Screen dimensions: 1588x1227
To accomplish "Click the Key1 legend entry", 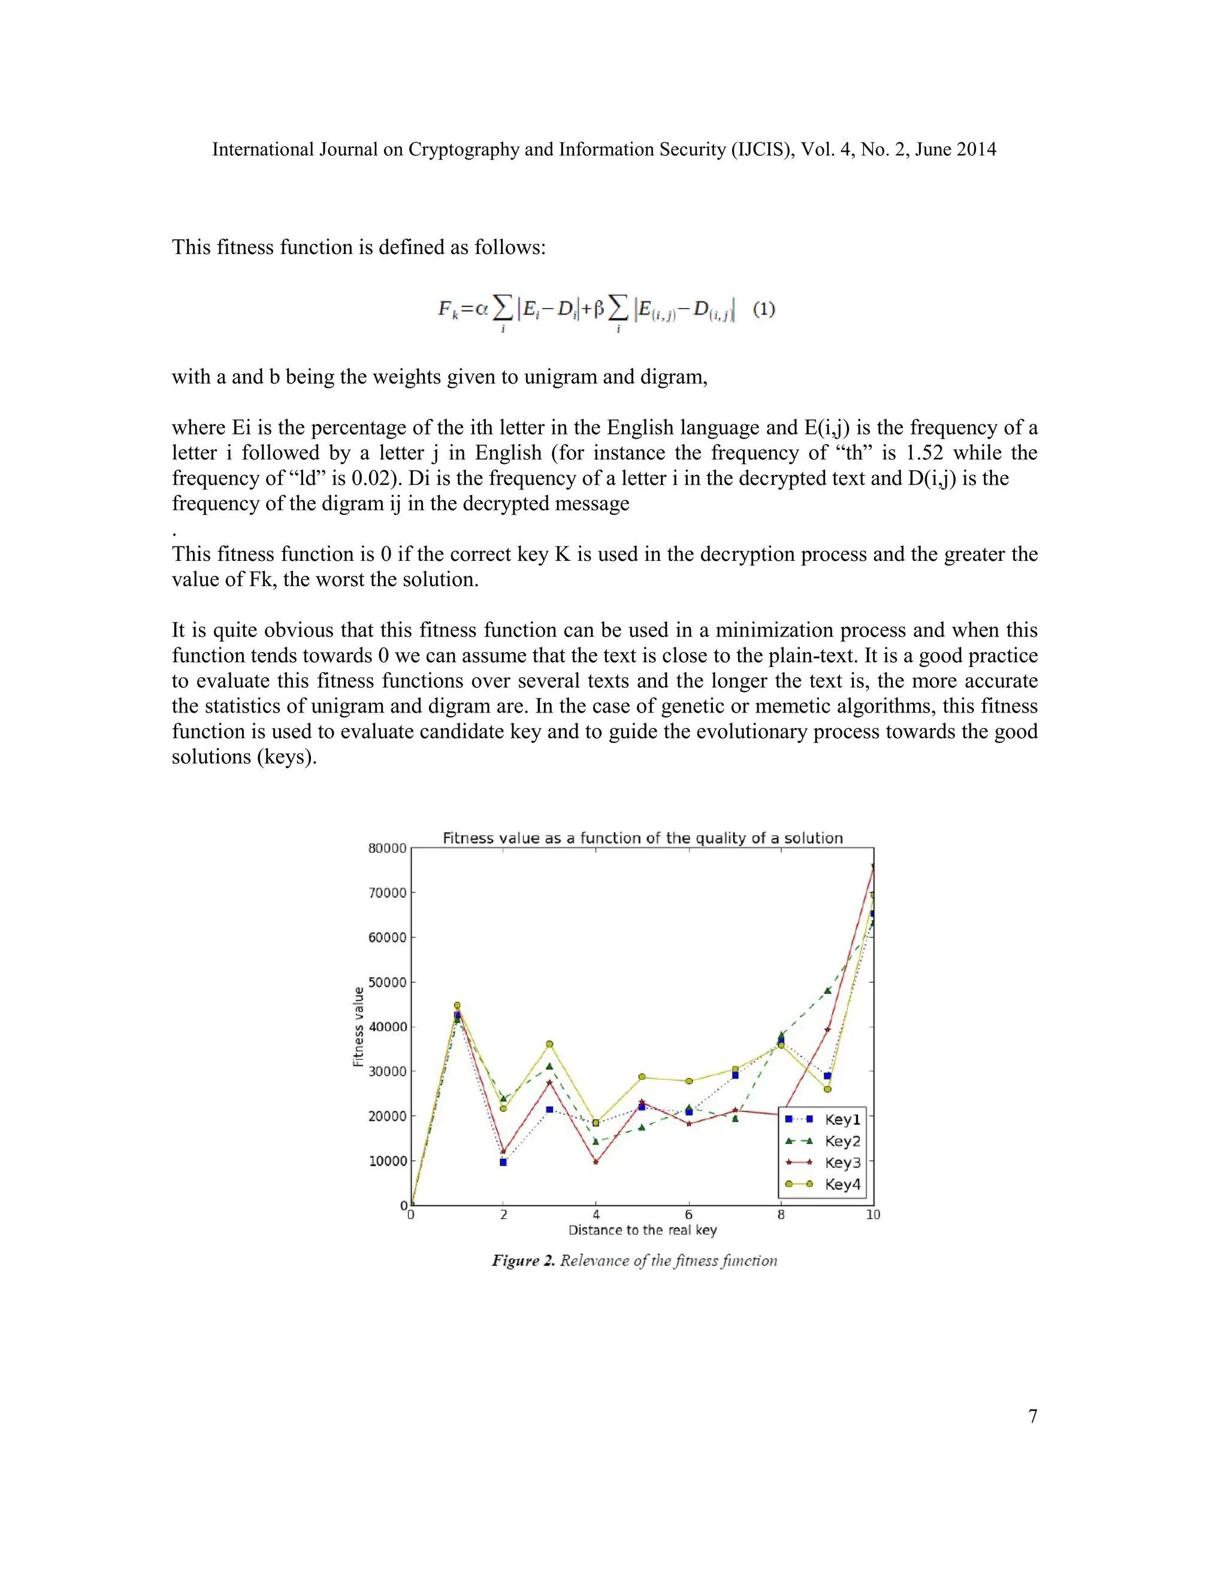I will [842, 1120].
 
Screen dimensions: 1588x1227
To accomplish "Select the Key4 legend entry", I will [842, 1185].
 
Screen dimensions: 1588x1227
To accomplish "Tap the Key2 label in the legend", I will [842, 1142].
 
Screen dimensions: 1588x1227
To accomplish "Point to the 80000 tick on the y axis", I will [386, 849].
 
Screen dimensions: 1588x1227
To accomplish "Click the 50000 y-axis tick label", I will [386, 982].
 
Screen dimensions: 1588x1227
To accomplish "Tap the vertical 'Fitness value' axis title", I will [358, 1027].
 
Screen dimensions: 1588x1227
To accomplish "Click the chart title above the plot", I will [643, 838].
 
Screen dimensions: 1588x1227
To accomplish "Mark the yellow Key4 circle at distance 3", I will [549, 1044].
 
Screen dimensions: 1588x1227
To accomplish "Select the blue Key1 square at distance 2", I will [503, 1163].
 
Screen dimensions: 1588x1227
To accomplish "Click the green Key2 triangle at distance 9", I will [827, 991].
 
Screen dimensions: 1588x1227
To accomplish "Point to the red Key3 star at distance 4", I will [596, 1162].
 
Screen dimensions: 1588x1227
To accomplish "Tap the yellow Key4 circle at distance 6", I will [688, 1081].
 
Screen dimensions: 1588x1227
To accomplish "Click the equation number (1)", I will [764, 309].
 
